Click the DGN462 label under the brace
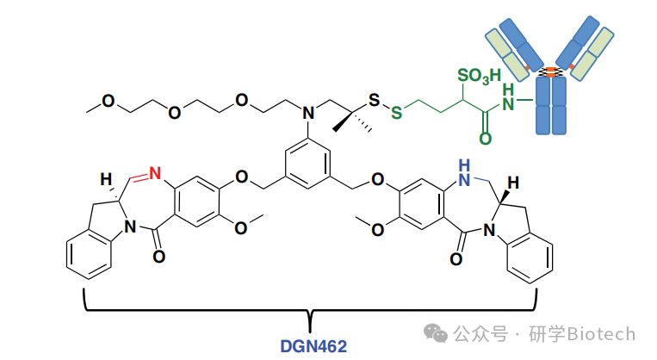pos(313,346)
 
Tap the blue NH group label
pos(466,165)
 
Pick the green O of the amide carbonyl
pos(485,139)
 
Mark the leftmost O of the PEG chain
pos(108,101)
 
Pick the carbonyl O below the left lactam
pos(157,256)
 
